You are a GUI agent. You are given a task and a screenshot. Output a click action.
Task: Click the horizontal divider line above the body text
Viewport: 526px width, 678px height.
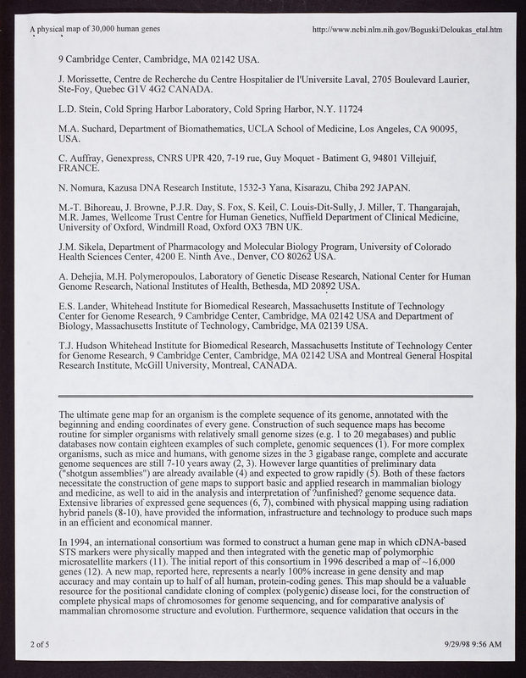click(264, 396)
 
